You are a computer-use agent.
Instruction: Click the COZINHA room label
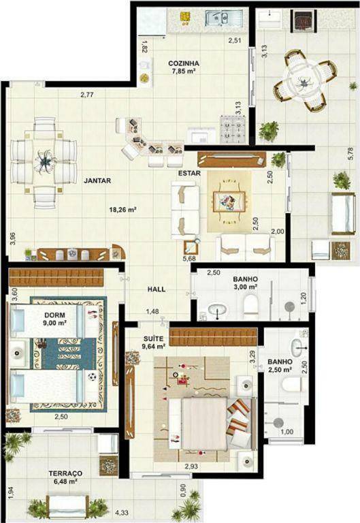pos(184,63)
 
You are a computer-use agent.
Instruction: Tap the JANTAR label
pos(97,180)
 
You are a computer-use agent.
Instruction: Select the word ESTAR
pos(189,174)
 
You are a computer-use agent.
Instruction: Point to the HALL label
pos(157,289)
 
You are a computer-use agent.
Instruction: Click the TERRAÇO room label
pos(65,473)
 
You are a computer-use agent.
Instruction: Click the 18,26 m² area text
pos(122,210)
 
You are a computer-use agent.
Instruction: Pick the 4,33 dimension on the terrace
pos(122,512)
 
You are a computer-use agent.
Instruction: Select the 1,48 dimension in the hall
pos(152,311)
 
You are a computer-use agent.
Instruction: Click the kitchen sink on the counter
pos(220,18)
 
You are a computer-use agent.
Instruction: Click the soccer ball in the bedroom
pos(92,377)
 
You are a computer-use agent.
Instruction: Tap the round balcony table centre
pos(304,81)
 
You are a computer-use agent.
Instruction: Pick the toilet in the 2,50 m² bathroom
pos(292,385)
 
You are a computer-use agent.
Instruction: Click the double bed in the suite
pos(210,423)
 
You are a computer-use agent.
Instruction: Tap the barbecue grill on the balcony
pos(304,20)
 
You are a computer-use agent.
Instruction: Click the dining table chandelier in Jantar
pos(44,162)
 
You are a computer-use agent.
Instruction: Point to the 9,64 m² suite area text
pos(154,346)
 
